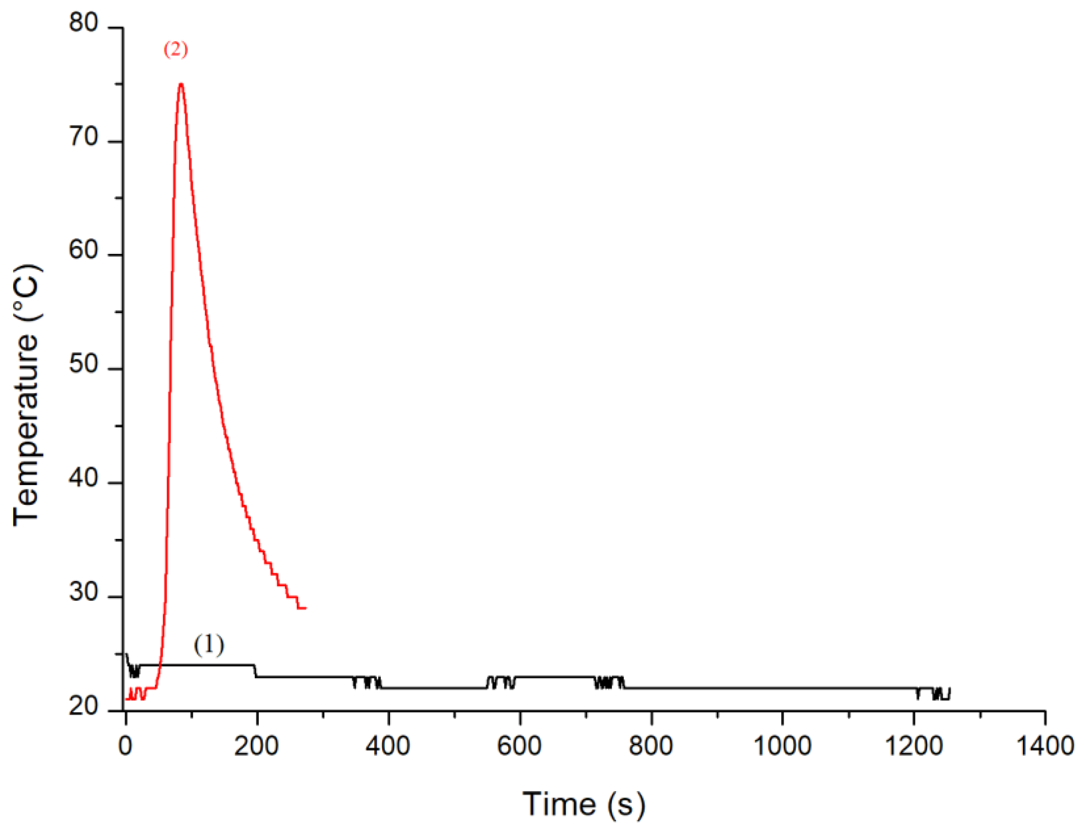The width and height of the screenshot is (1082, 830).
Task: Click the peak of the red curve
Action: pos(181,84)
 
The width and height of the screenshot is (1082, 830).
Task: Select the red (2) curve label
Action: pos(176,49)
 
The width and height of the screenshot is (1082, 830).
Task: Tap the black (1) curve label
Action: pos(209,645)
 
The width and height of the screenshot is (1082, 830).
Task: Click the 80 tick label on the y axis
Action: pos(84,23)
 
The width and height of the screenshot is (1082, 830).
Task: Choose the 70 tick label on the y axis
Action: pos(84,137)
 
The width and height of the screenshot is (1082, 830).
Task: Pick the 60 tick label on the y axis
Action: pos(84,250)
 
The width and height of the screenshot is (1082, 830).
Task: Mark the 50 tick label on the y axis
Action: pos(84,365)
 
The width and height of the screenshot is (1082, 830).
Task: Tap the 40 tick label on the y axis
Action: pos(84,478)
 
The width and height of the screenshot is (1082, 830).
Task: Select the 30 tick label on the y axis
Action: pos(84,592)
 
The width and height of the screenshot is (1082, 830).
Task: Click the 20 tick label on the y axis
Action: pos(84,706)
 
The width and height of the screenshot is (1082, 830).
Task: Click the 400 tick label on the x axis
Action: pos(388,746)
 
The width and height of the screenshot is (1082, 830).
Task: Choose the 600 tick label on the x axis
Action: pos(519,746)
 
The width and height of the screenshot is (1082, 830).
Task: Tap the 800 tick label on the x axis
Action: pos(651,746)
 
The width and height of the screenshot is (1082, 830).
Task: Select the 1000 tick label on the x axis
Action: pos(782,746)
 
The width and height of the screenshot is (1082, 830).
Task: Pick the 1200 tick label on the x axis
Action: pos(914,746)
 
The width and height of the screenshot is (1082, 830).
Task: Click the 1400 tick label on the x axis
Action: pos(1045,746)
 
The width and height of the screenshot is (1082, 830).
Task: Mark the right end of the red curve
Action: pos(306,608)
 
